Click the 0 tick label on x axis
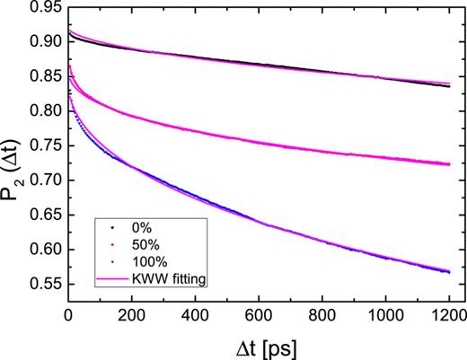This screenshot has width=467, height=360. tap(69, 315)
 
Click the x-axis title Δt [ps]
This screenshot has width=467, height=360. tap(260, 345)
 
